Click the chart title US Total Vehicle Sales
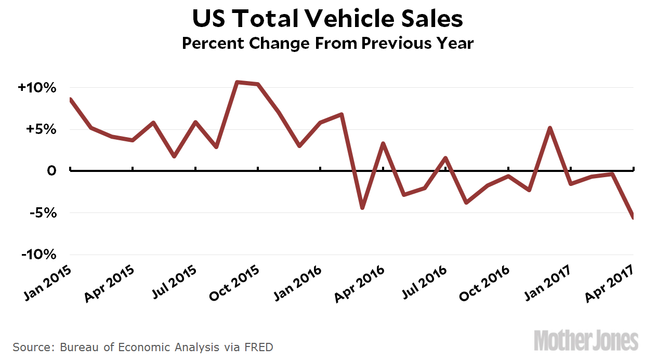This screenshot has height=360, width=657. tap(327, 19)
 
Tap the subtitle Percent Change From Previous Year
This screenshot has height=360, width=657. tap(327, 43)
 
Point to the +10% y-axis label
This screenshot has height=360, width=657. tap(36, 88)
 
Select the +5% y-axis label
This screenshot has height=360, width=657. tap(40, 129)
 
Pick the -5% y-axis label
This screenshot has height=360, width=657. tap(41, 213)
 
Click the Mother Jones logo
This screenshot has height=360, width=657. tap(586, 341)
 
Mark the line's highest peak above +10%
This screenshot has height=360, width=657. tap(237, 82)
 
